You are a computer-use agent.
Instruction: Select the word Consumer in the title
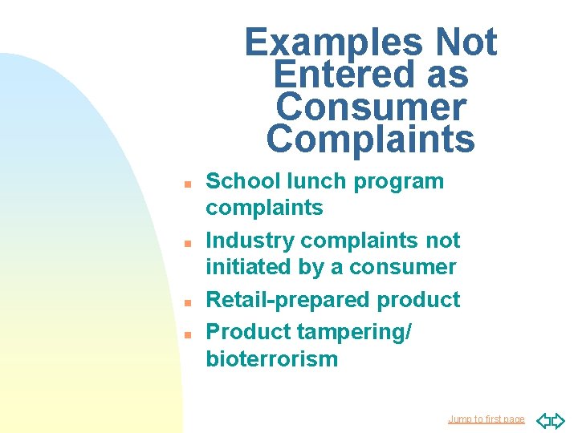(370, 107)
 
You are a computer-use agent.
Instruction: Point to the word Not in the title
(465, 42)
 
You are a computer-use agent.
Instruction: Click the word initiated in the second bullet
(240, 267)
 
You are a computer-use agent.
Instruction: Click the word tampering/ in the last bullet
(354, 331)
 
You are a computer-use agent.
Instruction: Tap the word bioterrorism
(272, 358)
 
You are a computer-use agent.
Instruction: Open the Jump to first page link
(486, 419)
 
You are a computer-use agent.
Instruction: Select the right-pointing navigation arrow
(558, 420)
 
